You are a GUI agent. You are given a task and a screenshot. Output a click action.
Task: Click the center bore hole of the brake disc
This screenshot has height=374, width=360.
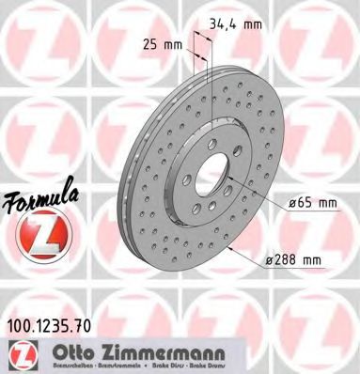coord(217,176)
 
